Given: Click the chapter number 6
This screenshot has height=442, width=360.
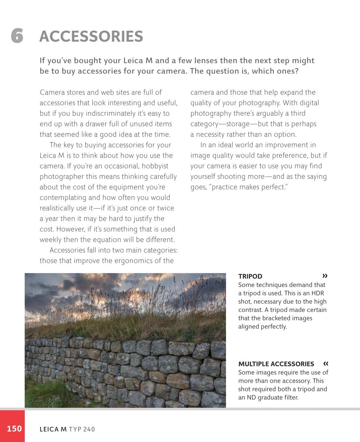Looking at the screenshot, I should [17, 36].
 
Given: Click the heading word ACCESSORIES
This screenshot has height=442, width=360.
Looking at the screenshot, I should [91, 37].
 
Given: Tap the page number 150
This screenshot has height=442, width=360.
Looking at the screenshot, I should [14, 429].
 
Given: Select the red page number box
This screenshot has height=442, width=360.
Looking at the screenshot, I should [12, 426].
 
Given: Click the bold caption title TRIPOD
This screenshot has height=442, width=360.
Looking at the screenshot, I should [250, 276].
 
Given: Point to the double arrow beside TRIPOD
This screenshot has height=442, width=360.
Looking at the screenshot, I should [325, 276].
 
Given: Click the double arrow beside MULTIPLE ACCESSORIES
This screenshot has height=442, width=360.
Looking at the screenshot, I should [325, 363].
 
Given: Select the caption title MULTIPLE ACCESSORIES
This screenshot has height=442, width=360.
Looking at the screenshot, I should [276, 364].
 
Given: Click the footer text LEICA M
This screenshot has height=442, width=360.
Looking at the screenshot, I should [53, 429].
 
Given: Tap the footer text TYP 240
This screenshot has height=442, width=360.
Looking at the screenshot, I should [82, 429].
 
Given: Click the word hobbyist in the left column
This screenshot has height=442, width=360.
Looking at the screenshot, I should [155, 166].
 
